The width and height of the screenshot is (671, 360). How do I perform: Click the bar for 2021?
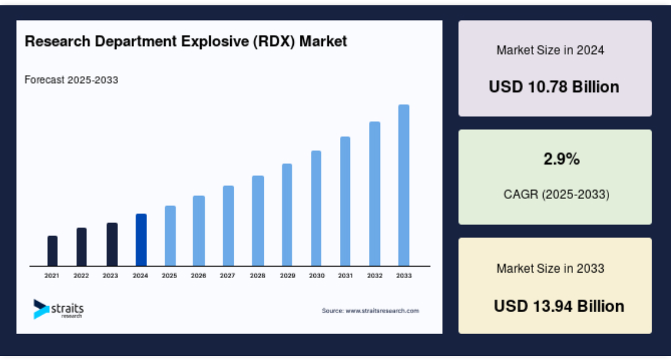point(52,251)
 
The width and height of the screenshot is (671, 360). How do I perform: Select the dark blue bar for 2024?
point(141,240)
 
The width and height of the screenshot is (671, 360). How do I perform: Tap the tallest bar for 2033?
point(404,185)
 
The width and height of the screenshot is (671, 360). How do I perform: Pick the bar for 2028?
point(258,221)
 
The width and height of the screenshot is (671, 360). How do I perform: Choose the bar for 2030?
point(316,208)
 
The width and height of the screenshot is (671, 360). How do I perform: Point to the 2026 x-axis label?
point(198,276)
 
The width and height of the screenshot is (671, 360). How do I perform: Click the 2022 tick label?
point(81,276)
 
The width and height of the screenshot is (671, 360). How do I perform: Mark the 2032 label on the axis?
point(374,276)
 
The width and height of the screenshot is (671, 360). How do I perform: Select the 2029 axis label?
point(287,276)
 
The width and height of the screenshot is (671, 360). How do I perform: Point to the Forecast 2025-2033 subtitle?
point(71,80)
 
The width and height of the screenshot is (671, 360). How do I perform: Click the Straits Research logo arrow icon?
point(41,309)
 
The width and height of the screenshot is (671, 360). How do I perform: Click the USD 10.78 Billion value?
point(554,87)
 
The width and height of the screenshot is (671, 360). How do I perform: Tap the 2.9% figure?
point(561,159)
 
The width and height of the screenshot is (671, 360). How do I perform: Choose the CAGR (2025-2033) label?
point(557,194)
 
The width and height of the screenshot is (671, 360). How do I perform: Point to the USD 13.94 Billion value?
point(559,306)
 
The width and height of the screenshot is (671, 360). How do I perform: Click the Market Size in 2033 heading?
point(551,269)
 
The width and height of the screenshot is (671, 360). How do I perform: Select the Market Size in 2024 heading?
point(551,50)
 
